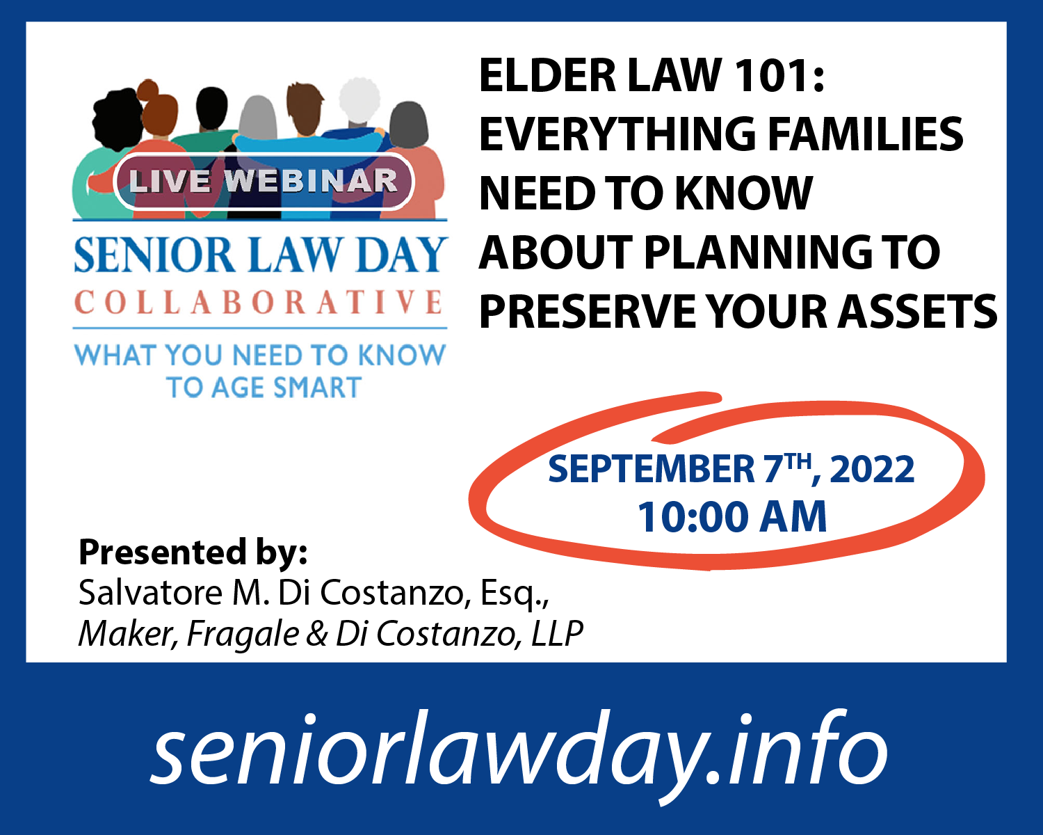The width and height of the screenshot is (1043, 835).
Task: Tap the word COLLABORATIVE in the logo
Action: pos(259,302)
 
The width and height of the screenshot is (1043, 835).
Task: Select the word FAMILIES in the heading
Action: pos(866,134)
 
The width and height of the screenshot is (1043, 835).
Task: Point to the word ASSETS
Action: pos(917,311)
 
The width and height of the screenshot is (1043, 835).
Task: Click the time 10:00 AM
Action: pos(732,517)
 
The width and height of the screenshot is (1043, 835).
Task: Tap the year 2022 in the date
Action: pos(872,469)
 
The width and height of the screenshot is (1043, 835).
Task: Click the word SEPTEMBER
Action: pos(652,469)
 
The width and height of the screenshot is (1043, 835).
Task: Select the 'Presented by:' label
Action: pos(193,552)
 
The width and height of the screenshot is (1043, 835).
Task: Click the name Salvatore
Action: pos(150,592)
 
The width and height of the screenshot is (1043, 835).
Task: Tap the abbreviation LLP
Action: pos(557,633)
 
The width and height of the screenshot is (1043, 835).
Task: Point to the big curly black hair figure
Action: pos(118,120)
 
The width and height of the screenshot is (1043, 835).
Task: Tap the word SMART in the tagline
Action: pos(317,387)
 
